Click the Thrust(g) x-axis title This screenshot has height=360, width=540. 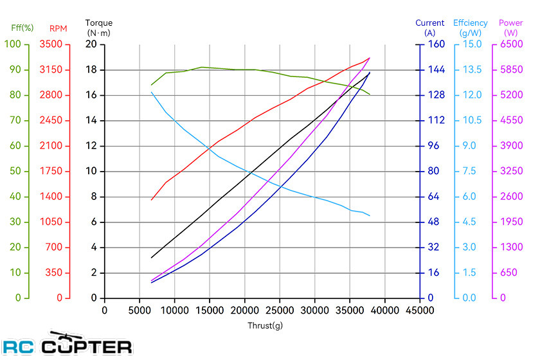pos(265,325)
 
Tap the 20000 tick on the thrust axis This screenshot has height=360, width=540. pos(244,310)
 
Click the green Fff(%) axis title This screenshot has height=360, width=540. pos(22,28)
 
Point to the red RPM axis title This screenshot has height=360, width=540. pos(59,28)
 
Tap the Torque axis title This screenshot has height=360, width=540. pos(99,28)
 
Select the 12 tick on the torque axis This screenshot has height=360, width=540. pos(91,146)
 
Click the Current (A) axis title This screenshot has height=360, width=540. pos(430,28)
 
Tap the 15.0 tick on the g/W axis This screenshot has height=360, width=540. pos(472,44)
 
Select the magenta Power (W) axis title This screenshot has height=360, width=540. pos(510,28)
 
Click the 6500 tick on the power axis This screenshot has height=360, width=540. pos(512,44)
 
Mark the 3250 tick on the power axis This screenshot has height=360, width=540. pos(512,171)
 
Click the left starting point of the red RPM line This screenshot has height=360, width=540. pos(152,200)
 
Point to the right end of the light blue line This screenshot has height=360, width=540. pos(370,216)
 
